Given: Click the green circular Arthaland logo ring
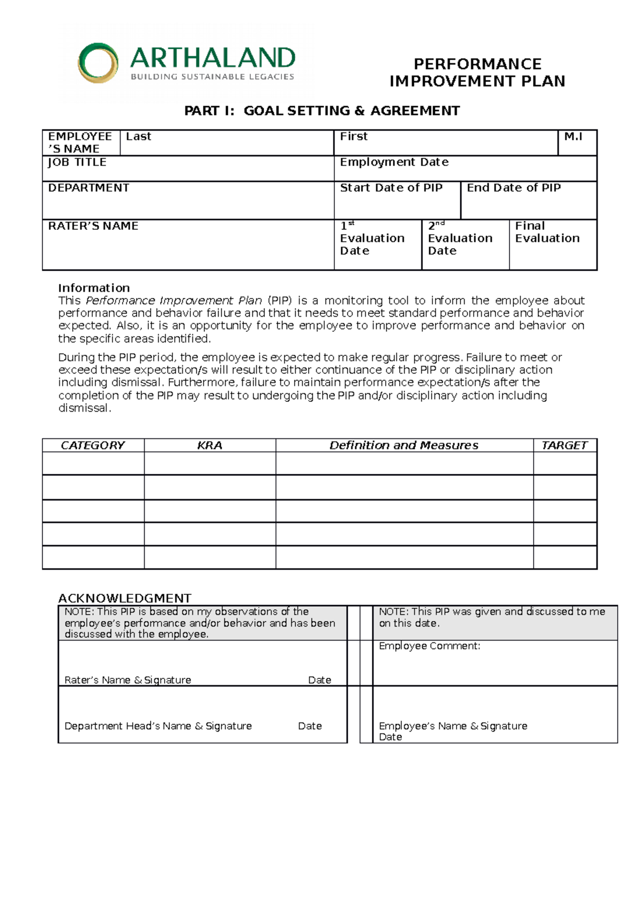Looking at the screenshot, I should click(x=98, y=63).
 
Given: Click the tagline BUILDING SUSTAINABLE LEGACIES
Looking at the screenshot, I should click(x=212, y=77).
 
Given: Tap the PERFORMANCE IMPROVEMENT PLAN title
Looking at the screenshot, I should click(x=477, y=72).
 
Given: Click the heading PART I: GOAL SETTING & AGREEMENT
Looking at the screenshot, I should click(x=322, y=111).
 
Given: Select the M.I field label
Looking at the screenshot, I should click(x=573, y=137).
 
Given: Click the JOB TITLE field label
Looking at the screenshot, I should click(x=77, y=162).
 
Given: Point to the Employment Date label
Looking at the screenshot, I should click(x=394, y=162).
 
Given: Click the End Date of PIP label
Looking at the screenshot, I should click(x=513, y=188).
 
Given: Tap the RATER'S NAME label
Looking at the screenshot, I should click(x=93, y=226).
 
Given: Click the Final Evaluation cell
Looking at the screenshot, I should click(x=547, y=233).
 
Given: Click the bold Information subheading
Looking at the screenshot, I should click(x=94, y=288).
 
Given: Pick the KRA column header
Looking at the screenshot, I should click(x=210, y=445).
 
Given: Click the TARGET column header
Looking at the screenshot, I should click(x=564, y=445).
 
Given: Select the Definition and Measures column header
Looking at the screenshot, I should click(x=403, y=445).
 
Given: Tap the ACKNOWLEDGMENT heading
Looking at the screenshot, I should click(x=124, y=598).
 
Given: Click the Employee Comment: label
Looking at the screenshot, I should click(x=429, y=646).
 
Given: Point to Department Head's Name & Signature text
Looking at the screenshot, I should click(x=158, y=726).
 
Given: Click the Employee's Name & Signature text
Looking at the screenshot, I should click(x=453, y=726).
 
